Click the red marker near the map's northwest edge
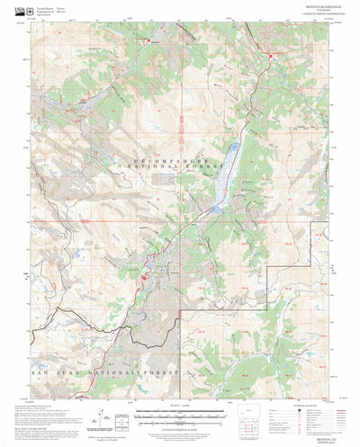point(148,40)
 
